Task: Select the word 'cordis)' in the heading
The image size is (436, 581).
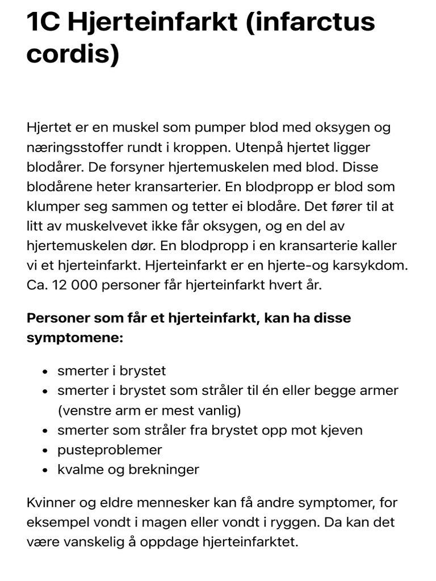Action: coord(73,56)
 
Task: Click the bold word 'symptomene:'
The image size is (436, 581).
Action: coord(74,338)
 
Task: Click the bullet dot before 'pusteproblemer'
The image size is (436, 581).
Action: coord(45,451)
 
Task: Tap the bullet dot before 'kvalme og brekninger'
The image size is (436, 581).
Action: coord(45,470)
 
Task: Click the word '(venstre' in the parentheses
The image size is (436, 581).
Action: coord(81,410)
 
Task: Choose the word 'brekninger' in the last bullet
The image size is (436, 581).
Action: coord(170,470)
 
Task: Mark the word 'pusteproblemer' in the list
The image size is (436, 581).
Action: coord(110,451)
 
